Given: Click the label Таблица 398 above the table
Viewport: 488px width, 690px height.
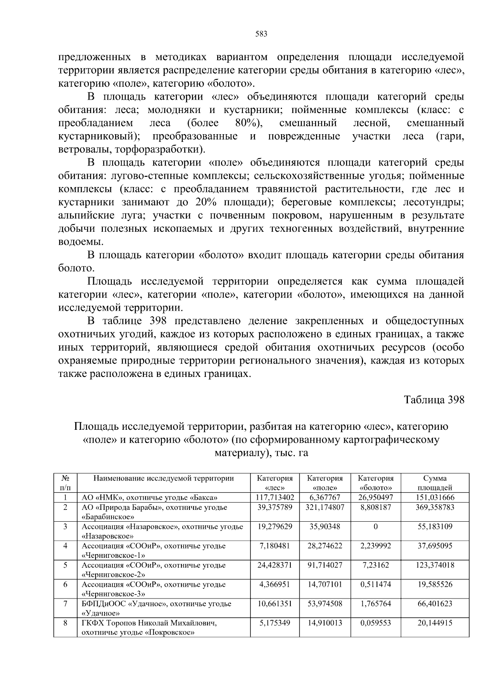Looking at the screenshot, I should [434, 400].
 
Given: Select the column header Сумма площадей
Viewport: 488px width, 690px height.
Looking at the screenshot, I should [435, 483].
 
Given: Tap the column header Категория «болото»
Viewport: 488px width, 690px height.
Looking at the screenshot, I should [375, 483].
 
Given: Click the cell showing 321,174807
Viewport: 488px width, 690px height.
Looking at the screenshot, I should [325, 507].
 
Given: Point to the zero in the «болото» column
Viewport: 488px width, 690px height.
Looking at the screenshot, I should [375, 527].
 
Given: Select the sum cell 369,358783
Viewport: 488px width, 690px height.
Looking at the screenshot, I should [435, 507].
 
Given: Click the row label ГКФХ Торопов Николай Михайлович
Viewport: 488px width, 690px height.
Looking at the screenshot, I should [149, 623].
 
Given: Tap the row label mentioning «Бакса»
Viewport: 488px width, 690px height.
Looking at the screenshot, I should [150, 497].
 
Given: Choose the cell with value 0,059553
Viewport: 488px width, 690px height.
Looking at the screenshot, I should [375, 623].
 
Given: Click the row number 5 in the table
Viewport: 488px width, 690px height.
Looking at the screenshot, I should [65, 565].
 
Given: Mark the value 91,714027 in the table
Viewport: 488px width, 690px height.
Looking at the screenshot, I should [325, 565].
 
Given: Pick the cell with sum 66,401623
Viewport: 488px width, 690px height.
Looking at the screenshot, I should [435, 604].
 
